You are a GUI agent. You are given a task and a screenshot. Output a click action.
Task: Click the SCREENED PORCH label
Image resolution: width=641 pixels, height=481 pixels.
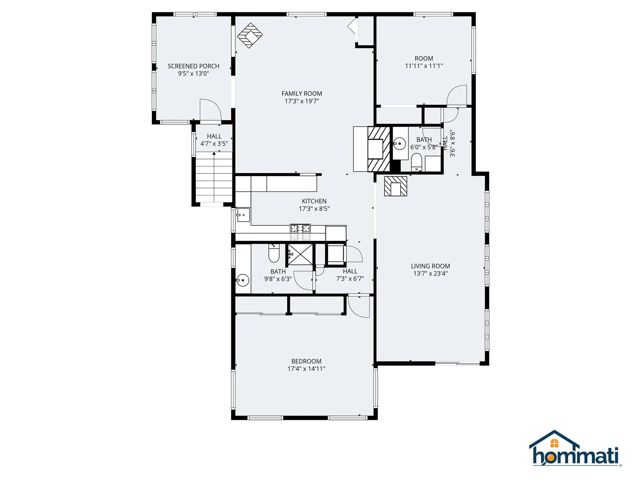click(x=193, y=66)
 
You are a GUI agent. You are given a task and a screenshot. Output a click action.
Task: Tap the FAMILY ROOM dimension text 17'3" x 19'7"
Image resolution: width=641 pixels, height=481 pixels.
click(x=301, y=101)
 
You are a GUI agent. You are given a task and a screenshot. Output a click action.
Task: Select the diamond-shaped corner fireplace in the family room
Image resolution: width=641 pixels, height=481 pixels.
click(x=250, y=35)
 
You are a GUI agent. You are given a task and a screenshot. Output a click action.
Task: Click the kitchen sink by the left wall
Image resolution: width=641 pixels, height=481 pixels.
click(x=243, y=215)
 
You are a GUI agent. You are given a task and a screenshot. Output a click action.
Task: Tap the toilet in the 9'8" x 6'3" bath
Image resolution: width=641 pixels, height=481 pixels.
click(x=274, y=254)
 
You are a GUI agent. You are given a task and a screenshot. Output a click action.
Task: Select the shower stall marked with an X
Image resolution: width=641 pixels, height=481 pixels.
click(x=300, y=254)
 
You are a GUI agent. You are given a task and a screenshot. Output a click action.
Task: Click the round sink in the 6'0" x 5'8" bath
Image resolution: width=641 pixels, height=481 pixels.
click(x=399, y=144)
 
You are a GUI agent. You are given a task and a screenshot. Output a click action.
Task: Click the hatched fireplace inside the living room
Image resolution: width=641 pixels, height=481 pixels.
click(x=396, y=186)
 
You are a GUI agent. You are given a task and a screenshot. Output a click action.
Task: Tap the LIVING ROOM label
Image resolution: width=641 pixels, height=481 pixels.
click(x=430, y=266)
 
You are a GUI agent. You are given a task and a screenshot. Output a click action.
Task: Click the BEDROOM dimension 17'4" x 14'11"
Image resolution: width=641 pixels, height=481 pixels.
click(x=306, y=369)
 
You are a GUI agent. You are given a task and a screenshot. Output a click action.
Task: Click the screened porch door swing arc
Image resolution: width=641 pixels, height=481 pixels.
click(x=210, y=109)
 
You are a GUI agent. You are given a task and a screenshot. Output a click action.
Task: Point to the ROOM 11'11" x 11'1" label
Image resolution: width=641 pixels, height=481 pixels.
click(x=424, y=58)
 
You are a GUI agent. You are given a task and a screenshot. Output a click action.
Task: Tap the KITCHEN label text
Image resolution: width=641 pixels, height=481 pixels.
click(x=314, y=201)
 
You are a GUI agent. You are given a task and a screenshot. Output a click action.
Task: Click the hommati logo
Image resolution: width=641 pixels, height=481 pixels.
click(x=575, y=449)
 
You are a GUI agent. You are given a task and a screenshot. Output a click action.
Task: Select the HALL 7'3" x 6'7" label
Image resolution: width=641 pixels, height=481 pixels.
click(x=350, y=271)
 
